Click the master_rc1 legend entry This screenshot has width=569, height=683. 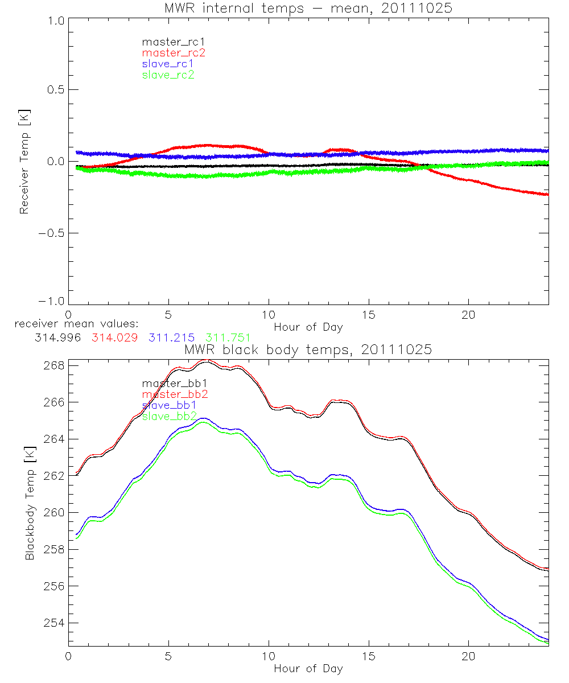pos(169,42)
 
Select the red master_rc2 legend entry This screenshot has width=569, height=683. pos(173,52)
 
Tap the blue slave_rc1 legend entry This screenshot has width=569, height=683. pos(168,63)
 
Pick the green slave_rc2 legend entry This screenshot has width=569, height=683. pos(168,75)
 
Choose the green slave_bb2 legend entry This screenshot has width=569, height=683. pos(170,417)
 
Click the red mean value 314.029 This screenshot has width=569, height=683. pos(114,338)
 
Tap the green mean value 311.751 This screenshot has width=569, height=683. pos(228,338)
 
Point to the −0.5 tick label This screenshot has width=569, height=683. pos(51,233)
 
